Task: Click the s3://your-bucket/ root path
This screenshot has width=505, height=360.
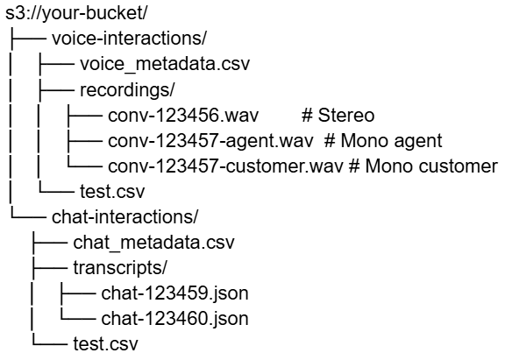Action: (x=76, y=13)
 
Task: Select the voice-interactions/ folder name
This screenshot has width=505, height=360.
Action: (x=129, y=39)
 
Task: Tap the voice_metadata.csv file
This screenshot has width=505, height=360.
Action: (x=165, y=64)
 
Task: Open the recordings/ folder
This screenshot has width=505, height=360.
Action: (x=127, y=90)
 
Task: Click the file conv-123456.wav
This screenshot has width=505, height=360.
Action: (x=183, y=115)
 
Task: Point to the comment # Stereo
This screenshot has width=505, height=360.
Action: (x=338, y=115)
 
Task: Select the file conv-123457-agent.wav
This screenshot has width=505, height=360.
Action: (x=210, y=141)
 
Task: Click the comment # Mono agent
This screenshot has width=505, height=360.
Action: (x=383, y=141)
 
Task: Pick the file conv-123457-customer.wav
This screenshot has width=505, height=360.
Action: (x=225, y=166)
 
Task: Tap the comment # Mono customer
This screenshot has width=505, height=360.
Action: (x=423, y=166)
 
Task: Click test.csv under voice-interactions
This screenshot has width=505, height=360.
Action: (x=112, y=192)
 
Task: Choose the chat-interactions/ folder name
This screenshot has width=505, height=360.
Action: (x=125, y=217)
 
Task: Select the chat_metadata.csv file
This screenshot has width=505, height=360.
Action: (x=153, y=243)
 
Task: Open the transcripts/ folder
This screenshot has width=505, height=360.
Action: (x=120, y=268)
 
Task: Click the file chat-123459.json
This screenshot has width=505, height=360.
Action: (x=174, y=293)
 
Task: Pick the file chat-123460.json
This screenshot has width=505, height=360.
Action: (x=174, y=319)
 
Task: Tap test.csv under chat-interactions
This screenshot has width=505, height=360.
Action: (x=105, y=344)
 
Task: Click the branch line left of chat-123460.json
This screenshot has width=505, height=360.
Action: (x=78, y=320)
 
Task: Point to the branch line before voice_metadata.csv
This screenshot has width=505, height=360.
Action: (x=57, y=64)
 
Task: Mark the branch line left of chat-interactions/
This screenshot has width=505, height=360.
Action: (x=28, y=218)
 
